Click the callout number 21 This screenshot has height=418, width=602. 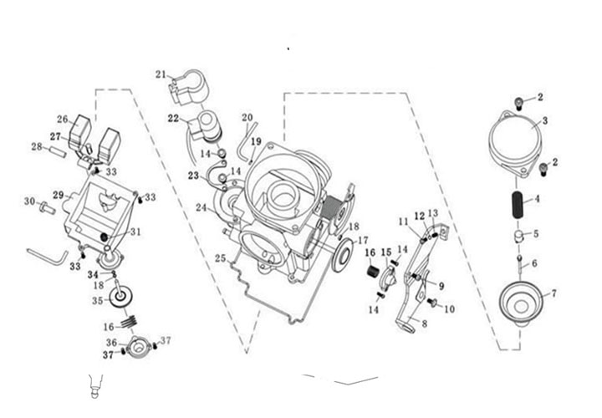click(161, 74)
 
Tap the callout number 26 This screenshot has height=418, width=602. click(62, 119)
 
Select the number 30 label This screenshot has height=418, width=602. click(29, 201)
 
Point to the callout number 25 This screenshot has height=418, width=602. click(220, 258)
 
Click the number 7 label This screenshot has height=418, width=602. click(554, 293)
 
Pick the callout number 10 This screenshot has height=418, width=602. click(449, 308)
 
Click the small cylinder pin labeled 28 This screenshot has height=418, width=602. click(58, 151)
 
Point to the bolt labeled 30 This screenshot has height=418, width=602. click(48, 207)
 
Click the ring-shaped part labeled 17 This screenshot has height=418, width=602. click(341, 255)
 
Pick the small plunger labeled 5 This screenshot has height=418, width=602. click(519, 236)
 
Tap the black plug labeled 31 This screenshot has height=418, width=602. click(104, 237)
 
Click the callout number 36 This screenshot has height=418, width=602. click(111, 342)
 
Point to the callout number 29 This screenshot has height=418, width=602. click(58, 195)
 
